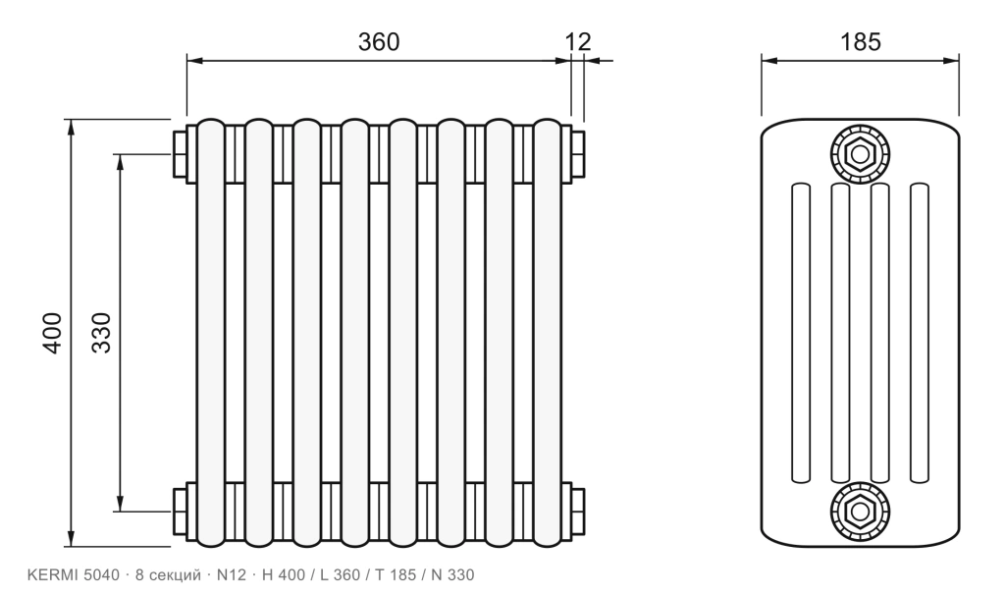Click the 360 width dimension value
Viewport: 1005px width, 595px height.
click(x=378, y=41)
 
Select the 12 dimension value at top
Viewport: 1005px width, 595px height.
click(x=577, y=41)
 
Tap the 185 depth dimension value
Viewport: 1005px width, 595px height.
click(x=860, y=41)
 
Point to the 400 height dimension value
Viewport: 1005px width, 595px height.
click(x=52, y=332)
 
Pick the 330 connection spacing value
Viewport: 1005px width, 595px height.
click(x=101, y=332)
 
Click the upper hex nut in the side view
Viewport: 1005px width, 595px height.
click(x=860, y=154)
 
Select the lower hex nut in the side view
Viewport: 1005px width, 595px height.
click(x=860, y=511)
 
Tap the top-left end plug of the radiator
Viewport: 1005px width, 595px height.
click(x=181, y=154)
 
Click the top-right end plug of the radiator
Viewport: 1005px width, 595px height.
click(x=577, y=154)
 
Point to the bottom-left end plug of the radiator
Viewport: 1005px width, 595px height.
click(x=181, y=511)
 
